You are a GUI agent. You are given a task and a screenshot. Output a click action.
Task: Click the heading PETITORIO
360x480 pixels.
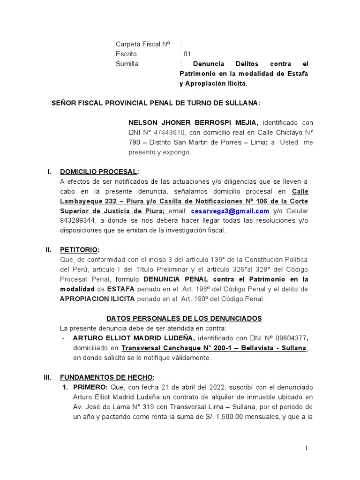tap(79, 250)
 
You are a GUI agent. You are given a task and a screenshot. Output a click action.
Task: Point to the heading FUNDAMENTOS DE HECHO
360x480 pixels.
tap(106, 377)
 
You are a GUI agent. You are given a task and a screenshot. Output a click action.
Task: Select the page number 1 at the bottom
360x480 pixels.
tap(307, 449)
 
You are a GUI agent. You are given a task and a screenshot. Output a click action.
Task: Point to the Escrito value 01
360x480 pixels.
tap(187, 54)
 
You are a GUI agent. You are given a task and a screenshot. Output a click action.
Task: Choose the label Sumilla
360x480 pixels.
tap(127, 64)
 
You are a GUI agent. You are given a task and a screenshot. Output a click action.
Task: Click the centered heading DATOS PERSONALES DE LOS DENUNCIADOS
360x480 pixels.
tap(184, 318)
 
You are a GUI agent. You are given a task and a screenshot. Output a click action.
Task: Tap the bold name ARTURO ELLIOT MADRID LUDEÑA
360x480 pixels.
tap(134, 338)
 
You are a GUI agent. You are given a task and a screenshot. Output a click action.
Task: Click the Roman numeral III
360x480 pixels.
tap(48, 377)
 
